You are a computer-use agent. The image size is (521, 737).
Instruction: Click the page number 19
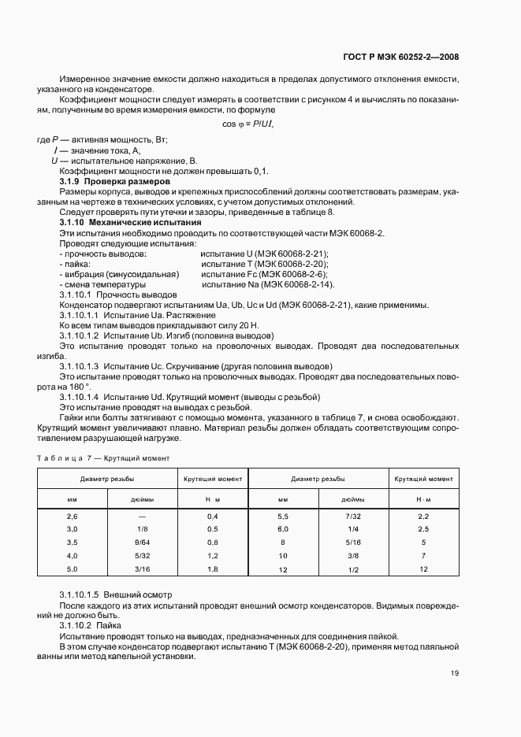(455, 672)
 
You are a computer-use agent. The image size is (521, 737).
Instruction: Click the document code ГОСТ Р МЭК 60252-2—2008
(402, 57)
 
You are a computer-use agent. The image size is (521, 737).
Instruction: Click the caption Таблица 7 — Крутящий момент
(103, 457)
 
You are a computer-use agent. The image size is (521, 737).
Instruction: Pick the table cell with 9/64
(142, 543)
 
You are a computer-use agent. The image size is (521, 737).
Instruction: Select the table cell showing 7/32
(352, 515)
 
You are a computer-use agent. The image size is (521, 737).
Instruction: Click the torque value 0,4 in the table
(212, 515)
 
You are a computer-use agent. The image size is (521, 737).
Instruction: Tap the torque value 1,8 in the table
(212, 569)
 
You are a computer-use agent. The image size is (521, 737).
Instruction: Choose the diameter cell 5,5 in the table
(284, 515)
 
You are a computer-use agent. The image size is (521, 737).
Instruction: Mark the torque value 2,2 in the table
(423, 515)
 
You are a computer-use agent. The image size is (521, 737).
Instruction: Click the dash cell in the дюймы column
(142, 515)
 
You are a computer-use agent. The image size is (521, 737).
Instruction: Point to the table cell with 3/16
(142, 569)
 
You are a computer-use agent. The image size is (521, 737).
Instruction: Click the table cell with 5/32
(142, 556)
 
